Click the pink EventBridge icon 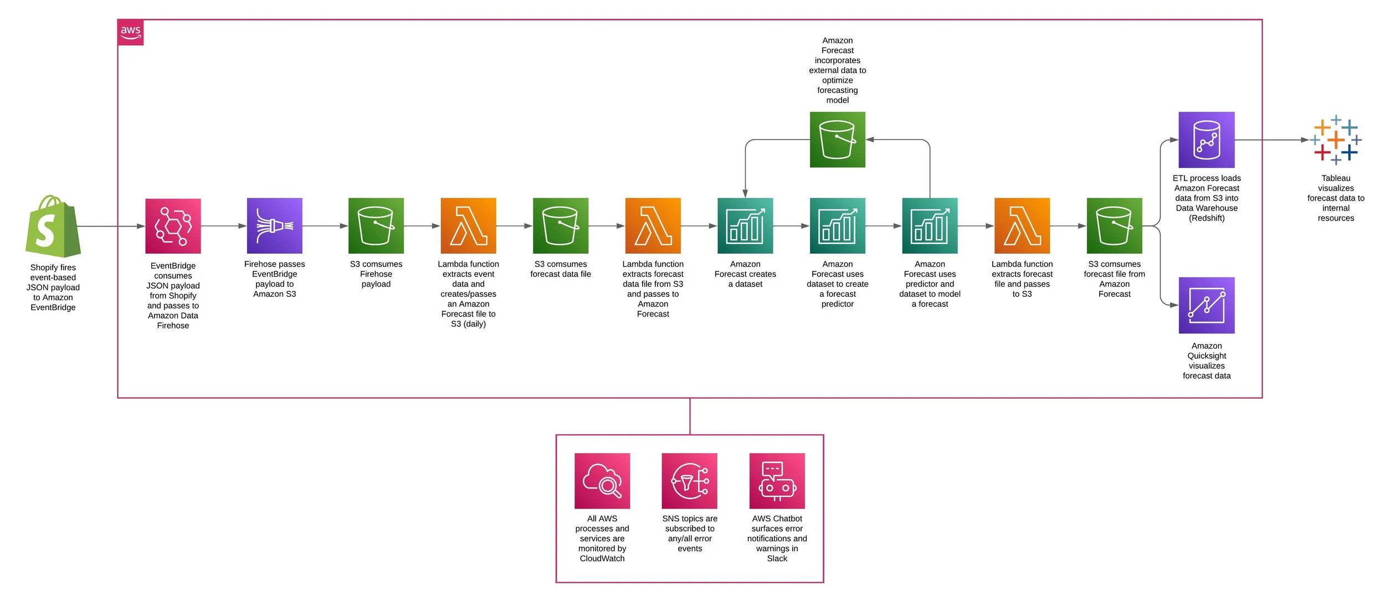pos(173,226)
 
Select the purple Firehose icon pos(274,225)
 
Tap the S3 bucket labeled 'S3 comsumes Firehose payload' pos(376,225)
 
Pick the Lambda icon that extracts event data pos(468,225)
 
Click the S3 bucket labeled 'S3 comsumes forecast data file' pos(560,225)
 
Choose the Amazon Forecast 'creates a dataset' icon pos(745,225)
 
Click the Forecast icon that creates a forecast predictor pos(837,225)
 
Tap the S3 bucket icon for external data pos(837,140)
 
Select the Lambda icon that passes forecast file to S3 pos(1022,225)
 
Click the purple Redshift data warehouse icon pos(1206,140)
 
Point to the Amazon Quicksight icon pos(1206,305)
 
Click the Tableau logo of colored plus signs pos(1336,140)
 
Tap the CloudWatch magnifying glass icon pos(602,481)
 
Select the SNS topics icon pos(689,481)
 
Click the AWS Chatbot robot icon pos(777,481)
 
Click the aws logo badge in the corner pos(131,32)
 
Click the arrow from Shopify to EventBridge pos(111,226)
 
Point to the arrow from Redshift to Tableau pos(1271,140)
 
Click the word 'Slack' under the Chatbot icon pos(777,558)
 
